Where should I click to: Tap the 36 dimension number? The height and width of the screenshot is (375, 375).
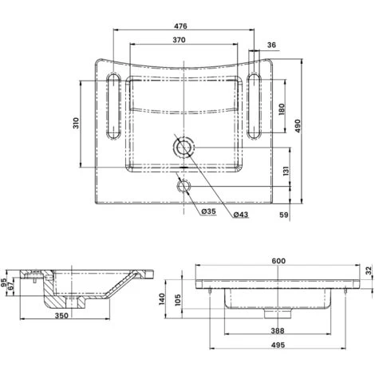tap(272, 45)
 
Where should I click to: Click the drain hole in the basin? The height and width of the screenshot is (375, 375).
tap(184, 148)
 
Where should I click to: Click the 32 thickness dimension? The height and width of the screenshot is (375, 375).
tap(369, 271)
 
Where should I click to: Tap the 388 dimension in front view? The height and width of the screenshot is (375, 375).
tap(276, 331)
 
